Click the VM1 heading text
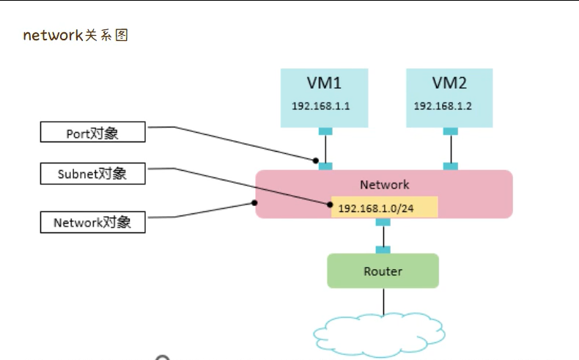coord(323,82)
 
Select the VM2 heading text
coord(449,82)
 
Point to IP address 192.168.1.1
coord(321,106)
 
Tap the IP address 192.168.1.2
coord(443,106)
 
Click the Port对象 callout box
coord(92,133)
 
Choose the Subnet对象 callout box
coord(92,174)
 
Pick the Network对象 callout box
coord(92,222)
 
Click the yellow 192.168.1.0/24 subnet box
coord(385,207)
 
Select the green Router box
coord(383,271)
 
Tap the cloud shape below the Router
coord(379,334)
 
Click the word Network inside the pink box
coord(384,185)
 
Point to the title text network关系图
coord(75,35)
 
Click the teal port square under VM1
coord(325,131)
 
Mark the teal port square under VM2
coord(451,131)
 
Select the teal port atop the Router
coord(383,250)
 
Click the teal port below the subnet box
coord(383,222)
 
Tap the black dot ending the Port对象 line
coord(316,159)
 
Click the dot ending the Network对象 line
coord(254,202)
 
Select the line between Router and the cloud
coord(383,301)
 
